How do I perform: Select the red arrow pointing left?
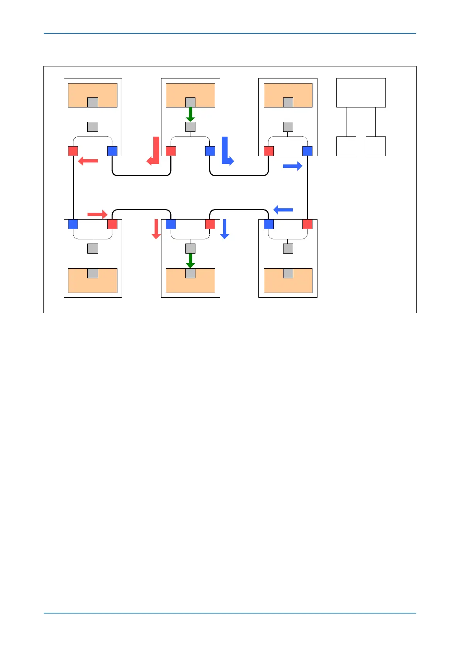pos(88,161)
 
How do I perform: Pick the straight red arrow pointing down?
pos(156,229)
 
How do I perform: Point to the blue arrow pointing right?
pos(292,166)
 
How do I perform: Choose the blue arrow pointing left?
pos(283,210)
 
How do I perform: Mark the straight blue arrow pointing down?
pos(225,229)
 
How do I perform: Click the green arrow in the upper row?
pos(190,114)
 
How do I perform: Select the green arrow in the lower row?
pos(190,261)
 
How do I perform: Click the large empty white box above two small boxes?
pos(361,93)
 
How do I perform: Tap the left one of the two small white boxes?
pos(346,146)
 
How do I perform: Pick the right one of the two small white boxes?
pos(375,146)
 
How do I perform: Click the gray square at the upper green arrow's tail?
pos(190,102)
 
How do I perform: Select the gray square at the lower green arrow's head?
pos(190,273)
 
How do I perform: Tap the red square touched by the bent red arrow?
pos(171,151)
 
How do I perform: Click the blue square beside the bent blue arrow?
pos(210,151)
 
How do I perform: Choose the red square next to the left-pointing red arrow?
pos(73,151)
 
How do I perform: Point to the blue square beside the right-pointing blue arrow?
pos(307,151)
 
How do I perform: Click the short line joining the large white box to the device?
pos(327,93)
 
